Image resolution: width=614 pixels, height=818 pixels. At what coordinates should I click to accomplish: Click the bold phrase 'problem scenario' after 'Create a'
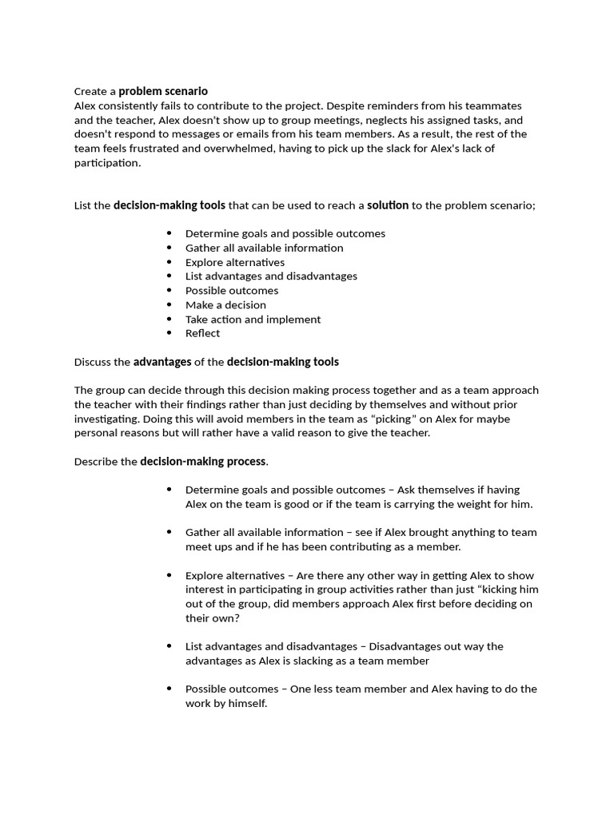(x=163, y=91)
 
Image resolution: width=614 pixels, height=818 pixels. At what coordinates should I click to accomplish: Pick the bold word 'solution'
(x=388, y=205)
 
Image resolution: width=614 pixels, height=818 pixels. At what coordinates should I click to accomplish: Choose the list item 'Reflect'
(x=202, y=333)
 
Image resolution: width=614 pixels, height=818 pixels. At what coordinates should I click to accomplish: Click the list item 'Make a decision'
(x=225, y=304)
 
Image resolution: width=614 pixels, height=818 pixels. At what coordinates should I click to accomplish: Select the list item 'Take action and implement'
(x=253, y=319)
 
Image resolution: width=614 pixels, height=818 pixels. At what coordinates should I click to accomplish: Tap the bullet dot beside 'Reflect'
(x=169, y=333)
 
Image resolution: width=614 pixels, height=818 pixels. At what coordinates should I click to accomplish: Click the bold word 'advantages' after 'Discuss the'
(x=162, y=362)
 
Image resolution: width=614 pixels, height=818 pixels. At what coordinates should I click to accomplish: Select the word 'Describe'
(x=95, y=462)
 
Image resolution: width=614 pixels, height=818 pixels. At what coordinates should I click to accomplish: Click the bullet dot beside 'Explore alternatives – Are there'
(x=169, y=575)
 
